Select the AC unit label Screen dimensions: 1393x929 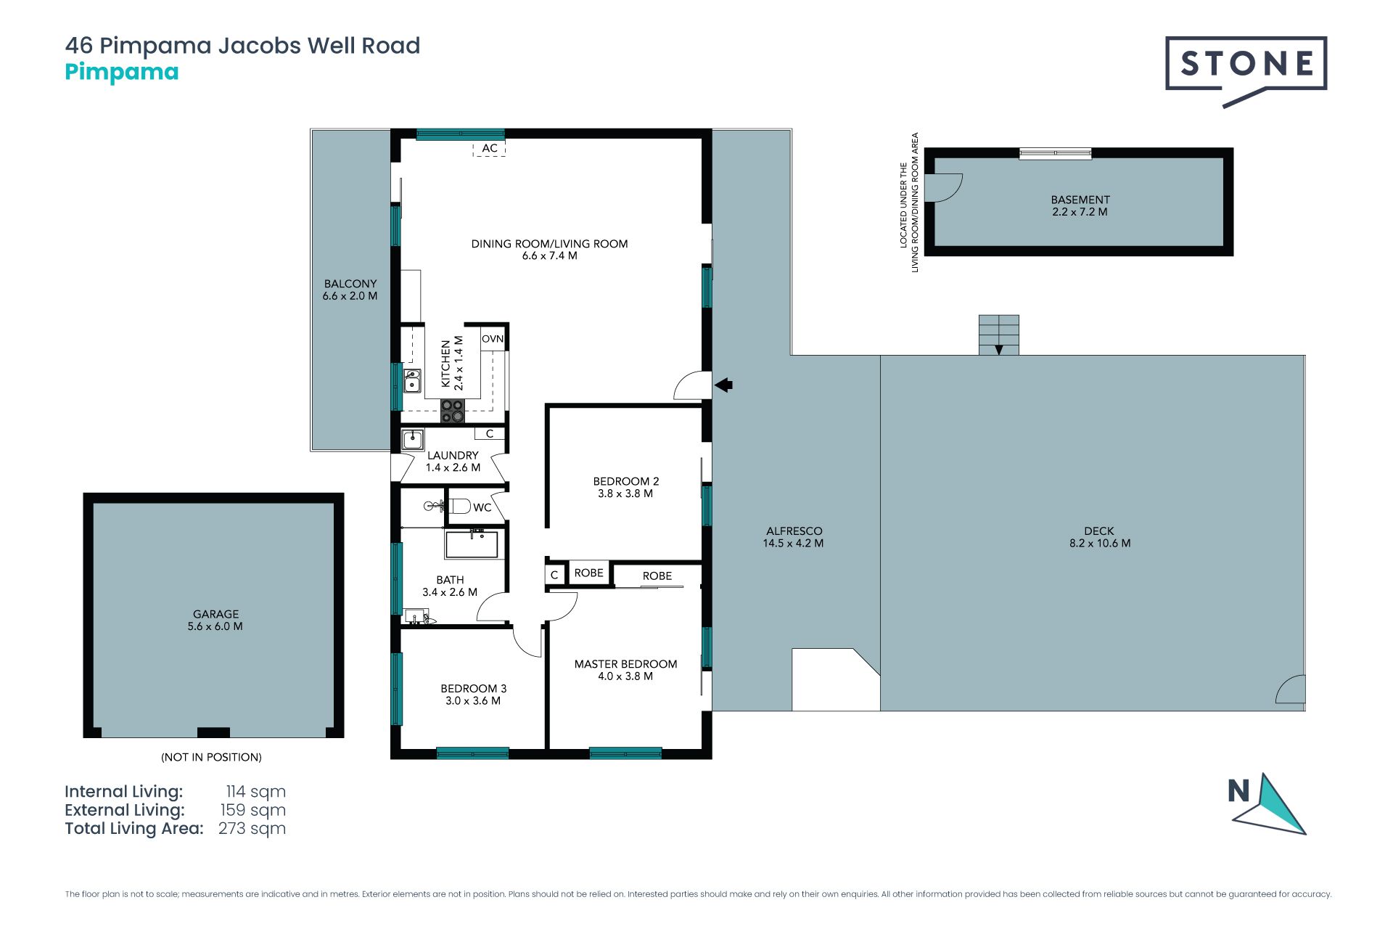point(490,148)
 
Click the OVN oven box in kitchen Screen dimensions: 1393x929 point(493,339)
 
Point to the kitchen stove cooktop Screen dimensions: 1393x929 point(453,412)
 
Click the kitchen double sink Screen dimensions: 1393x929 point(412,381)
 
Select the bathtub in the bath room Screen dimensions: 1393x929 point(472,544)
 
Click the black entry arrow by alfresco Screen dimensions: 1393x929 point(723,385)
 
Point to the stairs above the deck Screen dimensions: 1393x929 point(999,335)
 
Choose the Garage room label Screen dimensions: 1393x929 point(215,614)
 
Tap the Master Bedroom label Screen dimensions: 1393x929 point(625,664)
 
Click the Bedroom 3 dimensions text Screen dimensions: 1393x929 point(473,701)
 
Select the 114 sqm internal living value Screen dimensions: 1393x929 point(255,792)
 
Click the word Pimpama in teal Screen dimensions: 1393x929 point(122,73)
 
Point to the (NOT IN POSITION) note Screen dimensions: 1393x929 point(211,757)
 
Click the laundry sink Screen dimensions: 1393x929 point(413,439)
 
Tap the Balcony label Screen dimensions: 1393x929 point(350,284)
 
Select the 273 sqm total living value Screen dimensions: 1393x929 point(252,829)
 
